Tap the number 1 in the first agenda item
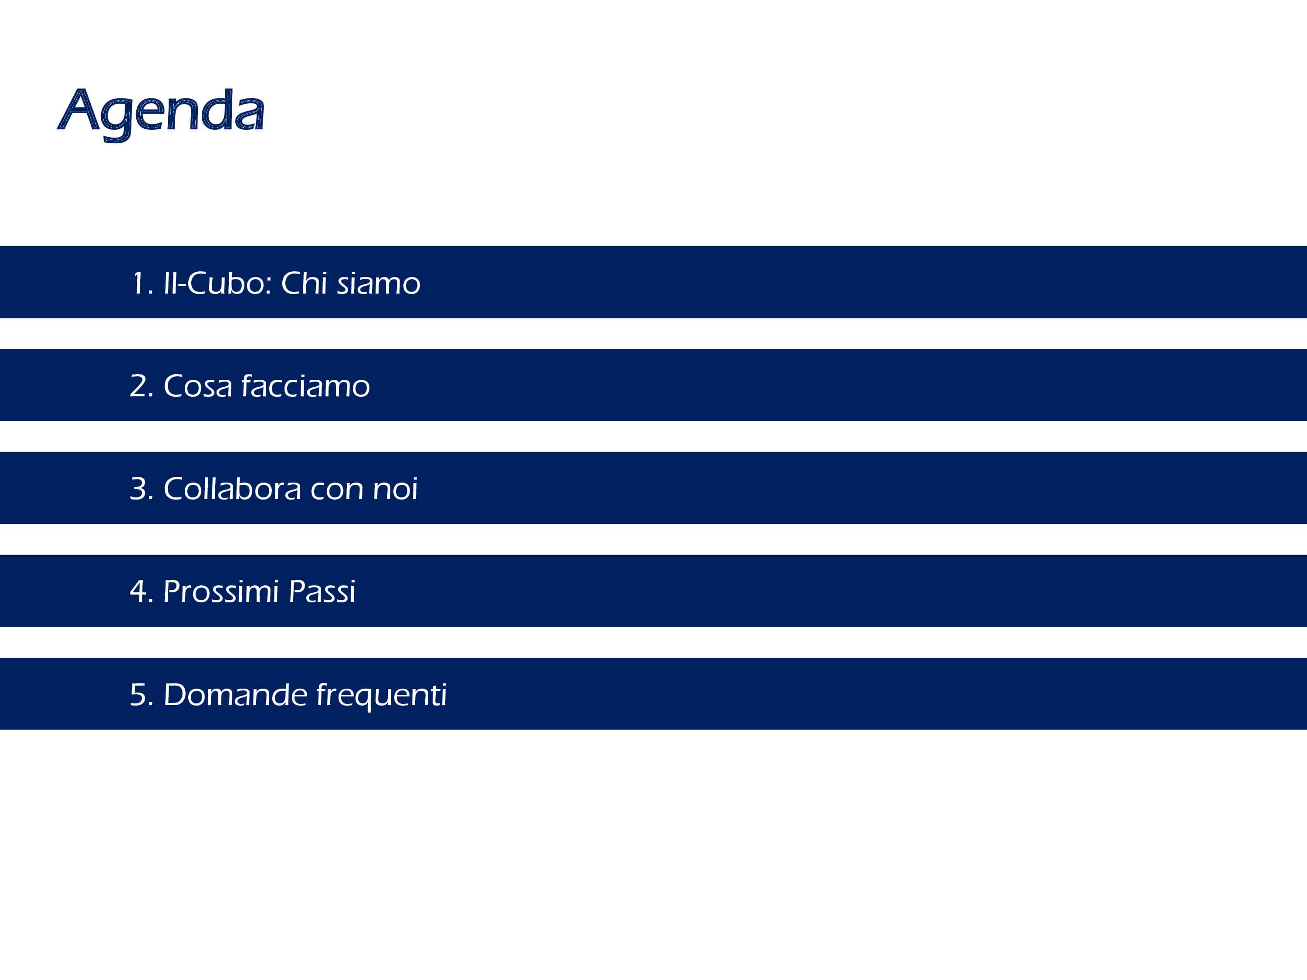(x=138, y=283)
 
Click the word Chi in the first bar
(x=304, y=283)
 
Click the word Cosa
(x=198, y=386)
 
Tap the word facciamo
(x=305, y=386)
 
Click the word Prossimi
(x=221, y=591)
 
